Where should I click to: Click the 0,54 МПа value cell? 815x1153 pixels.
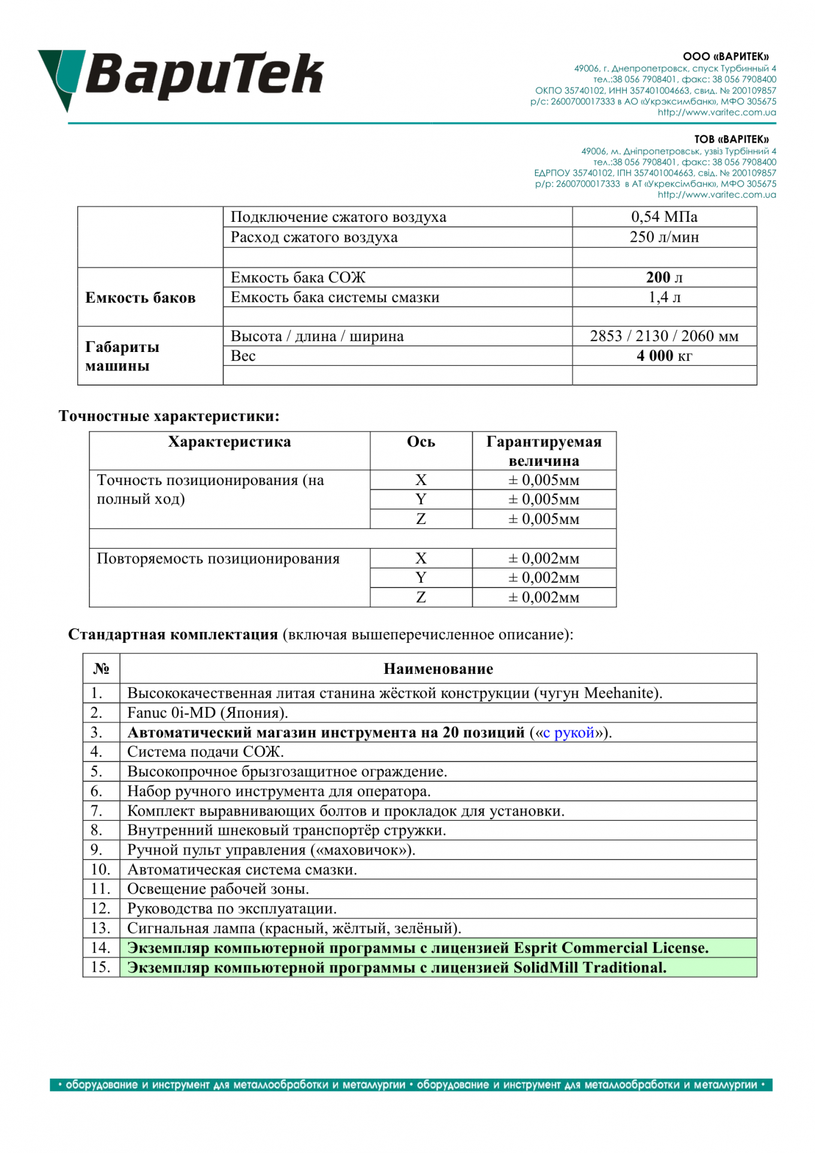pyautogui.click(x=664, y=217)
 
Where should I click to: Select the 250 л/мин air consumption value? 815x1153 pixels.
pyautogui.click(x=664, y=237)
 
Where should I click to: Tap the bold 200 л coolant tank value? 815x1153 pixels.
pyautogui.click(x=664, y=278)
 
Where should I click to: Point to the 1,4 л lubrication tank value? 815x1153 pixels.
pyautogui.click(x=664, y=297)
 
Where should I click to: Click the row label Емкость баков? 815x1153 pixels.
pyautogui.click(x=140, y=298)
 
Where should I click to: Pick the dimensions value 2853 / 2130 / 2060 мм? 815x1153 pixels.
pyautogui.click(x=664, y=336)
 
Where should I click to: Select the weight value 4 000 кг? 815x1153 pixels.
pyautogui.click(x=664, y=356)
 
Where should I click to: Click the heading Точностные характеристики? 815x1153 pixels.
pyautogui.click(x=169, y=416)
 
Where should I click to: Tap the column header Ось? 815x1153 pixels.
pyautogui.click(x=421, y=442)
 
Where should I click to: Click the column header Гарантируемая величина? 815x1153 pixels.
pyautogui.click(x=544, y=451)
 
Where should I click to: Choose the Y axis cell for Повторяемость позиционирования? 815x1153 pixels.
pyautogui.click(x=421, y=578)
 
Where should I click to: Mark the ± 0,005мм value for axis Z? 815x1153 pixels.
pyautogui.click(x=544, y=519)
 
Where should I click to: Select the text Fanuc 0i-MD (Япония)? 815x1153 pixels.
pyautogui.click(x=207, y=713)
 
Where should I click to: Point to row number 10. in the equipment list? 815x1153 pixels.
pyautogui.click(x=101, y=869)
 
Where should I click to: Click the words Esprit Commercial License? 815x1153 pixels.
pyautogui.click(x=611, y=948)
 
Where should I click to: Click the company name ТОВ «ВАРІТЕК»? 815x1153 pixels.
pyautogui.click(x=731, y=140)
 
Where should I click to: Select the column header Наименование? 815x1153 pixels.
pyautogui.click(x=438, y=669)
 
